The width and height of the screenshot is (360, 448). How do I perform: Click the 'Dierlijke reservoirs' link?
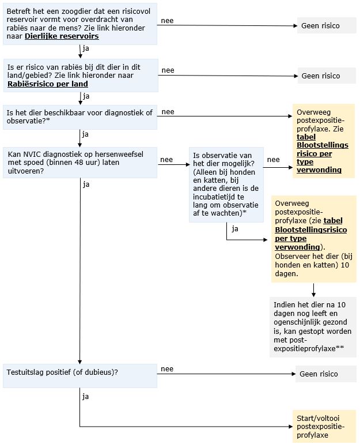coord(62,36)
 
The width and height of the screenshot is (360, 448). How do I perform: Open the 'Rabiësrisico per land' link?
coord(47,84)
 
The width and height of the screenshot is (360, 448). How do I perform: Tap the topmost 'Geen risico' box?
coord(327,25)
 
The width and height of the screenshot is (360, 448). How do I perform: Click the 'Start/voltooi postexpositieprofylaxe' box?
coord(324,427)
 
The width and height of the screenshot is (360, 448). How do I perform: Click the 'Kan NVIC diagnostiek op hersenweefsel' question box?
coord(80,163)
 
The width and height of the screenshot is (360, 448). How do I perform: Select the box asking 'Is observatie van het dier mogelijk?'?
coord(226,185)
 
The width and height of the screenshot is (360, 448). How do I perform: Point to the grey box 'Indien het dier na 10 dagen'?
coord(313,327)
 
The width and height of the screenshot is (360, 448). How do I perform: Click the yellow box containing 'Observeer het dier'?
coord(314,239)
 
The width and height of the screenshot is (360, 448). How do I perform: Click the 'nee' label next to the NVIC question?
coord(166,160)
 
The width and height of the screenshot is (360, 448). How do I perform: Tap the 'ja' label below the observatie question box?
coord(235,229)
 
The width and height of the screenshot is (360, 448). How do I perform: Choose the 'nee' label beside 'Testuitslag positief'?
coord(167,368)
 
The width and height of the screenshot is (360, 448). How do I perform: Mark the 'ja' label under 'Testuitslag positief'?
coord(86,397)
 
